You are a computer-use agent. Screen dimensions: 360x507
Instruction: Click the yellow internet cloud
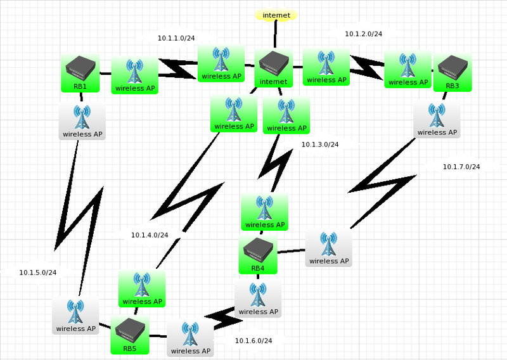coord(276,14)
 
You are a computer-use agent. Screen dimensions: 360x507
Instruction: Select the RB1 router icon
coord(80,73)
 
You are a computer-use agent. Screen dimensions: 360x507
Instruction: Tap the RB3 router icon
coord(452,72)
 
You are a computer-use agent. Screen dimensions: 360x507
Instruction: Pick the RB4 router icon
coord(257,255)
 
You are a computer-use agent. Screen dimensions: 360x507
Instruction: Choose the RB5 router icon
coord(130,335)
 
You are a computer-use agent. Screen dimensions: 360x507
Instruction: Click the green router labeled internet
coord(274,68)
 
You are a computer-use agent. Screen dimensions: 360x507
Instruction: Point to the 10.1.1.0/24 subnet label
coord(176,38)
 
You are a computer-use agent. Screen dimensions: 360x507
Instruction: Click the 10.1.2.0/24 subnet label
coord(363,34)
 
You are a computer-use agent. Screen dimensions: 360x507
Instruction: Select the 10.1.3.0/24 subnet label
coord(320,145)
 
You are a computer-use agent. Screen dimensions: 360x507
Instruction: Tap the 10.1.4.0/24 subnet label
coord(150,235)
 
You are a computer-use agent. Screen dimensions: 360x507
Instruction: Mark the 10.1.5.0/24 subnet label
coord(38,273)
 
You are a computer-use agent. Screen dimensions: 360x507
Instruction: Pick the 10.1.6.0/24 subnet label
coord(253,341)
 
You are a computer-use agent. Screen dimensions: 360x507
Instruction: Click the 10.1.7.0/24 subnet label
coord(461,167)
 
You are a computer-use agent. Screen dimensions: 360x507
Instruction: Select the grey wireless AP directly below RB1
coord(82,121)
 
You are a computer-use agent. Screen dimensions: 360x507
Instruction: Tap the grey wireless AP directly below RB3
coord(437,119)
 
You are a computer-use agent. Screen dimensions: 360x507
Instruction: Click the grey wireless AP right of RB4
coord(328,248)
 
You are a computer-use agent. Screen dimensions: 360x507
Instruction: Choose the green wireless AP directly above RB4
coord(264,212)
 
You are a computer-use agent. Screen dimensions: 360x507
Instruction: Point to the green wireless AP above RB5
coord(142,288)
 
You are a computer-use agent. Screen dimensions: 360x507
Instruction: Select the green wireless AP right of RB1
coord(134,75)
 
